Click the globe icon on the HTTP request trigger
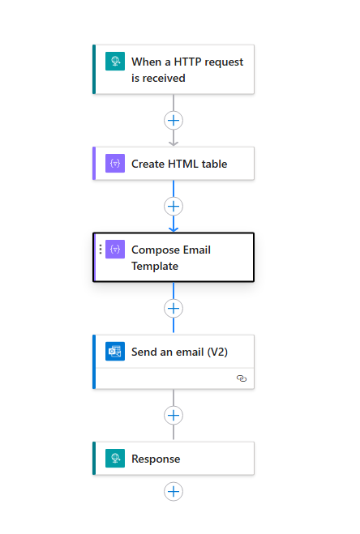tap(115, 61)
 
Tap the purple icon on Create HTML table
tap(115, 163)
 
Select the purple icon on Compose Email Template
tap(115, 249)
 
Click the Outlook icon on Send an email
tap(115, 351)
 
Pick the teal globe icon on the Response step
tap(115, 458)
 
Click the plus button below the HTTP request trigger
tap(174, 120)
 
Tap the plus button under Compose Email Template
tap(174, 308)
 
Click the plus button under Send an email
tap(174, 415)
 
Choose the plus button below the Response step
tap(174, 491)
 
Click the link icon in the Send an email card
tap(242, 378)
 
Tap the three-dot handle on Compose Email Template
tap(101, 249)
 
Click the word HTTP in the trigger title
tap(188, 62)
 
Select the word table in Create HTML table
tap(214, 164)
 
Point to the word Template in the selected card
tap(155, 266)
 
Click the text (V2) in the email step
tap(217, 352)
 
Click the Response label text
tap(156, 459)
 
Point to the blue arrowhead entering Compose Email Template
tap(174, 229)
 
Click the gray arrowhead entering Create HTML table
tap(174, 143)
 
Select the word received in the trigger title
tap(164, 78)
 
